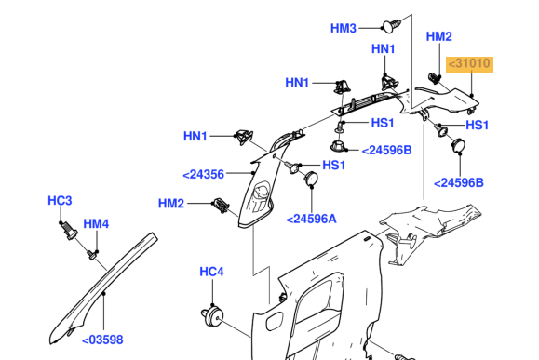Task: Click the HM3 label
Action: (344, 28)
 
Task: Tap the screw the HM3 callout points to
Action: (392, 26)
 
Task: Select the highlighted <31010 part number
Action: (469, 64)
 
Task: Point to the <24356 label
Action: (204, 175)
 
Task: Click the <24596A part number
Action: (312, 219)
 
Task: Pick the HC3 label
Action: (60, 201)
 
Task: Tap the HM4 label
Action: (96, 224)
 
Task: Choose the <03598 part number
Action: (102, 340)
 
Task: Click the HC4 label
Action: (211, 272)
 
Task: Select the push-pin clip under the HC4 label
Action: (212, 316)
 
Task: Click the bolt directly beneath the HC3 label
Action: (68, 230)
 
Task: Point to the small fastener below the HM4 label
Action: (92, 255)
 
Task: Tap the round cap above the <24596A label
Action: (311, 179)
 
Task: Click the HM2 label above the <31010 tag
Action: (439, 36)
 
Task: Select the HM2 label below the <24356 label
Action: (171, 204)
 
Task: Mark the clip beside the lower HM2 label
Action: (221, 205)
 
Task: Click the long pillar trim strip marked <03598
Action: (103, 288)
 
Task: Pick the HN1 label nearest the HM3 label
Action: (384, 49)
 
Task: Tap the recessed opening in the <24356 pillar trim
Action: (259, 197)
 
